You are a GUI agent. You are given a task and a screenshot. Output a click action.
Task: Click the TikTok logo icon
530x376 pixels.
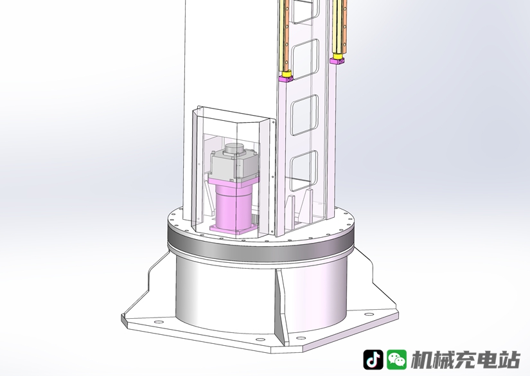(x=373, y=359)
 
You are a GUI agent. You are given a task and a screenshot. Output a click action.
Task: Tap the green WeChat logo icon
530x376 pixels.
(x=397, y=359)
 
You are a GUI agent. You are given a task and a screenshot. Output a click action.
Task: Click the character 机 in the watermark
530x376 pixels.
(x=422, y=360)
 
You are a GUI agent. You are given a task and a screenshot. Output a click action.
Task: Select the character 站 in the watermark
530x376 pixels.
(x=509, y=360)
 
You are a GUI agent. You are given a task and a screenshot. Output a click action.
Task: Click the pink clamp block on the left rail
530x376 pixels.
(x=286, y=79)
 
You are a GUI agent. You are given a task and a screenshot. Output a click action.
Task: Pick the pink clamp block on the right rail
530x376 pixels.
(x=337, y=61)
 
